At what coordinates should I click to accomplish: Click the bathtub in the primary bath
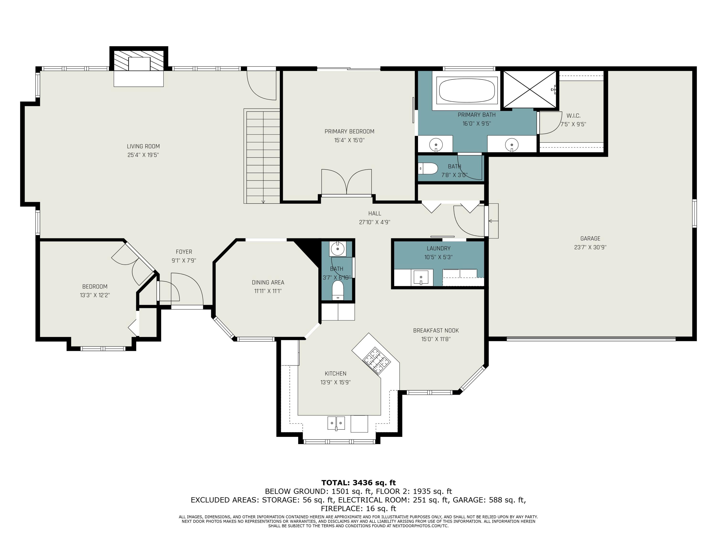[467, 90]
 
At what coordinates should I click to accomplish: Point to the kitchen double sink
[336, 423]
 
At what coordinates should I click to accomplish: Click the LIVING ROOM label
[143, 146]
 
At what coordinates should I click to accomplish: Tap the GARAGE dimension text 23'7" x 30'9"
[590, 247]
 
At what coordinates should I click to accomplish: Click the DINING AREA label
[268, 282]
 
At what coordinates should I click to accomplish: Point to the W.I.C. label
[573, 116]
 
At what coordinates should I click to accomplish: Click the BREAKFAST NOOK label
[436, 330]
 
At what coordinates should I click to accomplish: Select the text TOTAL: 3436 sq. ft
[358, 483]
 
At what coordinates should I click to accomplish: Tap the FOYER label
[184, 252]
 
